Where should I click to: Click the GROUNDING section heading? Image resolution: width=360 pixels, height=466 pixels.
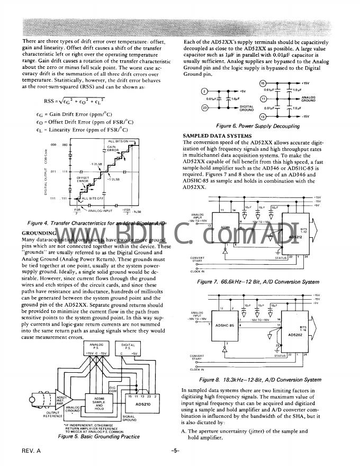point(39,233)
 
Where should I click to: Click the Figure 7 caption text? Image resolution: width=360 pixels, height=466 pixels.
point(258,282)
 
